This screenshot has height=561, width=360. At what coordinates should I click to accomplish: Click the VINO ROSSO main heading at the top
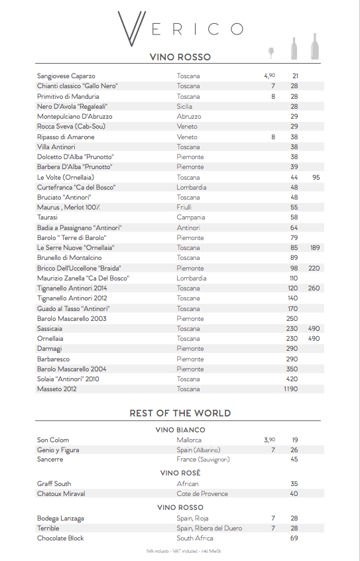click(180, 58)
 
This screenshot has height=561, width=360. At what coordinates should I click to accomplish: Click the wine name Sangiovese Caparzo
click(66, 76)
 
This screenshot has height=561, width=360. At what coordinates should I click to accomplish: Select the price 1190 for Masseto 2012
click(290, 389)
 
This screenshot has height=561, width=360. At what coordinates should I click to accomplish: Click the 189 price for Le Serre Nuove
click(315, 248)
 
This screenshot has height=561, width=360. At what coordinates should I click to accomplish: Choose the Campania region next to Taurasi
click(190, 218)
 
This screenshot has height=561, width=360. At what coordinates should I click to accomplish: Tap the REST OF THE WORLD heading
click(180, 413)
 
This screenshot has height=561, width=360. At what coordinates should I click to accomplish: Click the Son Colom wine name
click(53, 440)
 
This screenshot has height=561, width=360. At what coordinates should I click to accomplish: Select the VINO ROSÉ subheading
click(180, 473)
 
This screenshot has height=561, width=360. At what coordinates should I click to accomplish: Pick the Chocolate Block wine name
click(60, 538)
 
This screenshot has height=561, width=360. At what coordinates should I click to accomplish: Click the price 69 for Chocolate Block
click(294, 538)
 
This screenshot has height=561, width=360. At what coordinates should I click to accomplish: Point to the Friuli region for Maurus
click(184, 208)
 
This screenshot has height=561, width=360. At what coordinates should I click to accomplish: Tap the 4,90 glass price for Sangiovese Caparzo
click(269, 76)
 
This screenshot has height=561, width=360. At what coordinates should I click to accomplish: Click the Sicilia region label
click(185, 107)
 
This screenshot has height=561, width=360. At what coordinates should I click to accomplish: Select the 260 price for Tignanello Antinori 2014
click(314, 288)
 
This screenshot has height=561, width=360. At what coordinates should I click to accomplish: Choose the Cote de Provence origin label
click(202, 494)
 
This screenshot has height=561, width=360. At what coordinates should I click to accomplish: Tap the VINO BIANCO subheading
click(180, 430)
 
